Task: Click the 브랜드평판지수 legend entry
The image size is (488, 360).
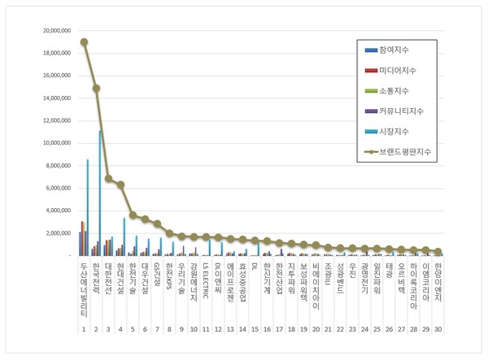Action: pos(407,151)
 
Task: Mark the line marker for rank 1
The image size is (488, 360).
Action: pos(84,42)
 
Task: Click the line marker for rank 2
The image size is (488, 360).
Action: pos(96,89)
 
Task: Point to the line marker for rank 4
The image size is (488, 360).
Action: pos(120,184)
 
